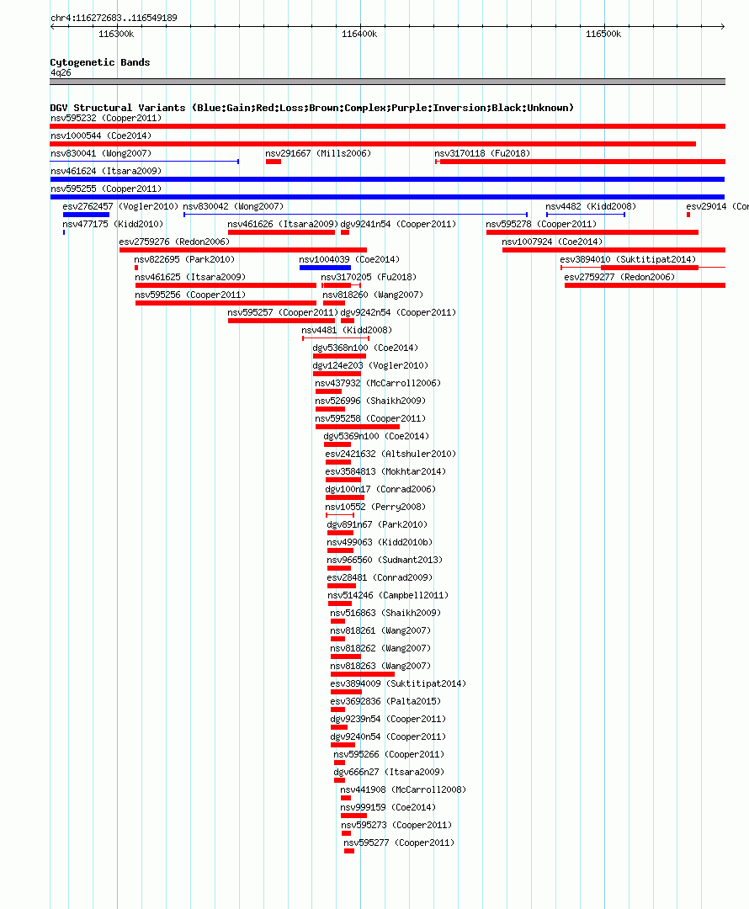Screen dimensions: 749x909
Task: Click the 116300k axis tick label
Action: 116,35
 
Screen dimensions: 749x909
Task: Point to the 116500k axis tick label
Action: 603,35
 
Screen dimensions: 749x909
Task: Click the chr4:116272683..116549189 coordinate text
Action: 114,18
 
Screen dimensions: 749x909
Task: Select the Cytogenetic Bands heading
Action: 99,62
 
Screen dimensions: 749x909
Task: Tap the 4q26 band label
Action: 61,72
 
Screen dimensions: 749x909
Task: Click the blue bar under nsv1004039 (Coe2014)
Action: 325,268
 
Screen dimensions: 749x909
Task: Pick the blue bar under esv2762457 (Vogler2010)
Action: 87,215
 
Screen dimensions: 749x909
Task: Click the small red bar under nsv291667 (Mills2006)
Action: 274,162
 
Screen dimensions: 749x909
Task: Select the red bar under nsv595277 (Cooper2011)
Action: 349,851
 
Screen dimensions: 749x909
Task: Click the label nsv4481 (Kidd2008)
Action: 347,330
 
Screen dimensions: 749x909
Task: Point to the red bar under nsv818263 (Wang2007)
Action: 363,674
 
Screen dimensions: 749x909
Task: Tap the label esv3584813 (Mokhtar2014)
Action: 385,471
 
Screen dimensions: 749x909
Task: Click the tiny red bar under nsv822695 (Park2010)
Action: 136,268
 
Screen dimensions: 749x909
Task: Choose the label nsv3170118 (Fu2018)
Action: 482,153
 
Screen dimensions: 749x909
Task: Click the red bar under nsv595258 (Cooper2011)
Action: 357,427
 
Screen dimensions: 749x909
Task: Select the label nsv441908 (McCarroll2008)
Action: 403,789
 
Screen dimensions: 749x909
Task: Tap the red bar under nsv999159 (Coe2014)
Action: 353,816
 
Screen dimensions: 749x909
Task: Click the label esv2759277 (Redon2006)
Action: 619,277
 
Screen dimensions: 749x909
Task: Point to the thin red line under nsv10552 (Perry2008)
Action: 340,515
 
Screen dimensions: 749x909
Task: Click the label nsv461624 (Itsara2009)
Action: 106,171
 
